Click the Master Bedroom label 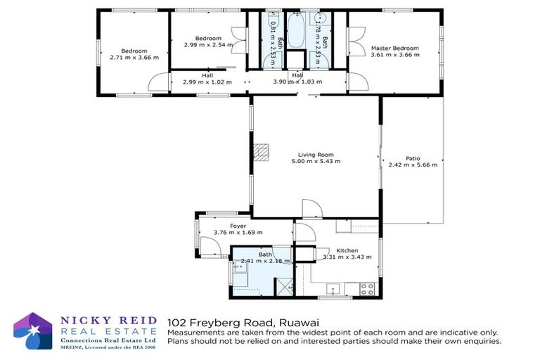[x=394, y=49]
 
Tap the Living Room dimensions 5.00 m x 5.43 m [x=316, y=161]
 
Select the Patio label [x=413, y=158]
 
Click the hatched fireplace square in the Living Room [x=262, y=150]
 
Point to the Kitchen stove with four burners [x=366, y=287]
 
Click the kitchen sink [x=333, y=287]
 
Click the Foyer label [x=238, y=226]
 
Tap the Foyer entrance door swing [x=209, y=245]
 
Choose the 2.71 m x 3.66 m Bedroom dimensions [x=134, y=57]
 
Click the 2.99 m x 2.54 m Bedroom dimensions [x=208, y=44]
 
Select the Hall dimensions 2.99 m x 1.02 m [x=207, y=82]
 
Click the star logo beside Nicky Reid [x=34, y=331]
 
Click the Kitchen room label [x=347, y=250]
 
